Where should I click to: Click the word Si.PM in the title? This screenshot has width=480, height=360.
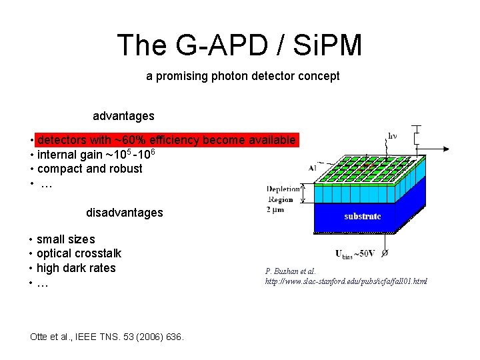(326, 45)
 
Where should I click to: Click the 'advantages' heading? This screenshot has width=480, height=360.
(123, 116)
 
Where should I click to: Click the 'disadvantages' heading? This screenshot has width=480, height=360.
(124, 213)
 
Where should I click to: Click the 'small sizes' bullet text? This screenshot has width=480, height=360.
(65, 239)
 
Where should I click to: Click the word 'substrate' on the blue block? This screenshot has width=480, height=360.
(363, 216)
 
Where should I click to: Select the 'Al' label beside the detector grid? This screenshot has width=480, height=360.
(312, 169)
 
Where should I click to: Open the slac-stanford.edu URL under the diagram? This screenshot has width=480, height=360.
(346, 281)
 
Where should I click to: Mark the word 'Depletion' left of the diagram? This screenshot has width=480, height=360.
(283, 189)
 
